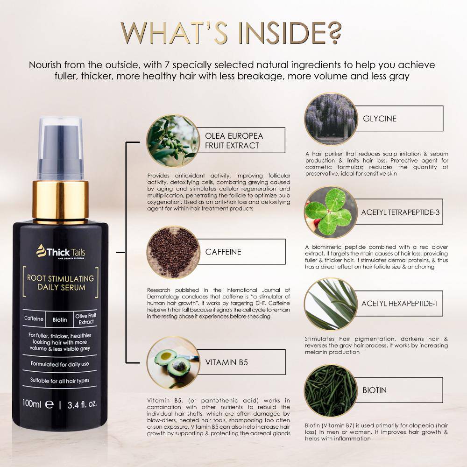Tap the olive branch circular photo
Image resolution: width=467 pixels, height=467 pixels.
(173, 141)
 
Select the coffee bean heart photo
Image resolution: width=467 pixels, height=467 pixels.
(173, 252)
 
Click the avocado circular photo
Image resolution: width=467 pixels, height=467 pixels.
(173, 363)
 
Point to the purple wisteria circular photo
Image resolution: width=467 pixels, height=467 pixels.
(331, 119)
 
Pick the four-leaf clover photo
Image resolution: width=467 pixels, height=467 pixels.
(331, 212)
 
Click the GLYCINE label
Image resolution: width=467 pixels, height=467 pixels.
(380, 119)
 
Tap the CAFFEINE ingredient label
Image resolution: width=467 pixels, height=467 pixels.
(223, 252)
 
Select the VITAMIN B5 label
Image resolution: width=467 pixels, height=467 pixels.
(226, 362)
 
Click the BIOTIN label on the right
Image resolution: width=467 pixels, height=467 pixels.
(375, 390)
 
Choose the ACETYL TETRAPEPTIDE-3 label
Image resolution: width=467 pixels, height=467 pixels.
(400, 212)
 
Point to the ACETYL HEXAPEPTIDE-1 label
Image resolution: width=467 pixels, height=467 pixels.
(400, 304)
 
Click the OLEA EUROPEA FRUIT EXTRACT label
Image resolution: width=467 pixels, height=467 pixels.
(234, 141)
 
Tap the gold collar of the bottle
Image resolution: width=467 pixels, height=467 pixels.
(60, 200)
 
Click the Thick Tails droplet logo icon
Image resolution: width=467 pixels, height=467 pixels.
(41, 251)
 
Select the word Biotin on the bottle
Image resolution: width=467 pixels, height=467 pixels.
(60, 319)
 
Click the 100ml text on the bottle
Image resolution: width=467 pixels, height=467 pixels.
(32, 403)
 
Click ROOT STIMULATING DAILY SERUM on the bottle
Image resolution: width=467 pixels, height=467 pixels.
(61, 283)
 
